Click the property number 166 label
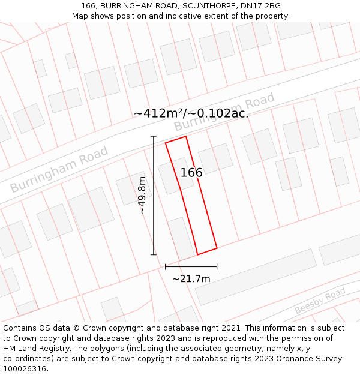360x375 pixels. click(191, 173)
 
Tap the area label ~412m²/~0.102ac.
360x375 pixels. click(191, 113)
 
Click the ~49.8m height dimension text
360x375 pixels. click(142, 196)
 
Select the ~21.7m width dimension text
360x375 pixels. click(191, 278)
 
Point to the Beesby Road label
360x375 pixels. click(320, 301)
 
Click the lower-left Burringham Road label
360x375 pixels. click(59, 169)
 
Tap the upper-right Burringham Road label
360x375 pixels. click(224, 112)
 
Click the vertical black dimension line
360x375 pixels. click(154, 196)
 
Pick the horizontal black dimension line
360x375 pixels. click(191, 266)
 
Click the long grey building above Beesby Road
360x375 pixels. click(256, 277)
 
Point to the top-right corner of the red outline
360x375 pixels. click(186, 136)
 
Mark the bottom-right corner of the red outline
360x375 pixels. click(217, 248)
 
